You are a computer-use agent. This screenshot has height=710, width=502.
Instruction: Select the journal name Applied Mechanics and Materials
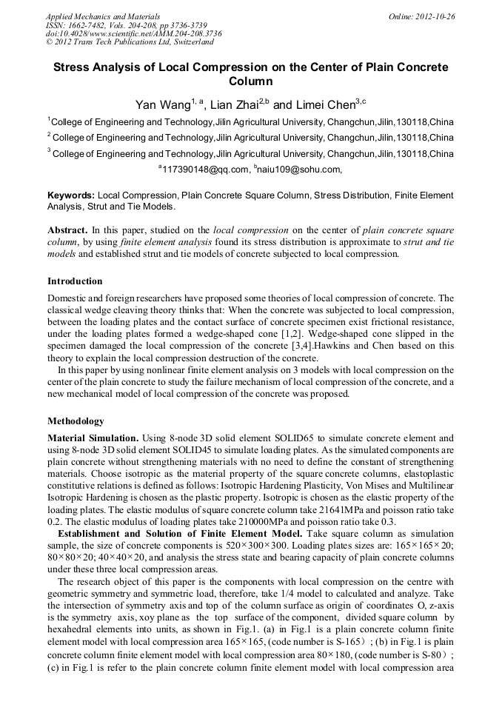pyautogui.click(x=103, y=16)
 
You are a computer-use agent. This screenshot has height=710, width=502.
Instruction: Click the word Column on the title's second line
pyautogui.click(x=250, y=81)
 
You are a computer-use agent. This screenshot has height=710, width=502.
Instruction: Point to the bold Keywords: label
pyautogui.click(x=71, y=195)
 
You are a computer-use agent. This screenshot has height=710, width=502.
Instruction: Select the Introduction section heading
pyautogui.click(x=75, y=281)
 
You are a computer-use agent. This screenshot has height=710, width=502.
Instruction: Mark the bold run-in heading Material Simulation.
pyautogui.click(x=93, y=438)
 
